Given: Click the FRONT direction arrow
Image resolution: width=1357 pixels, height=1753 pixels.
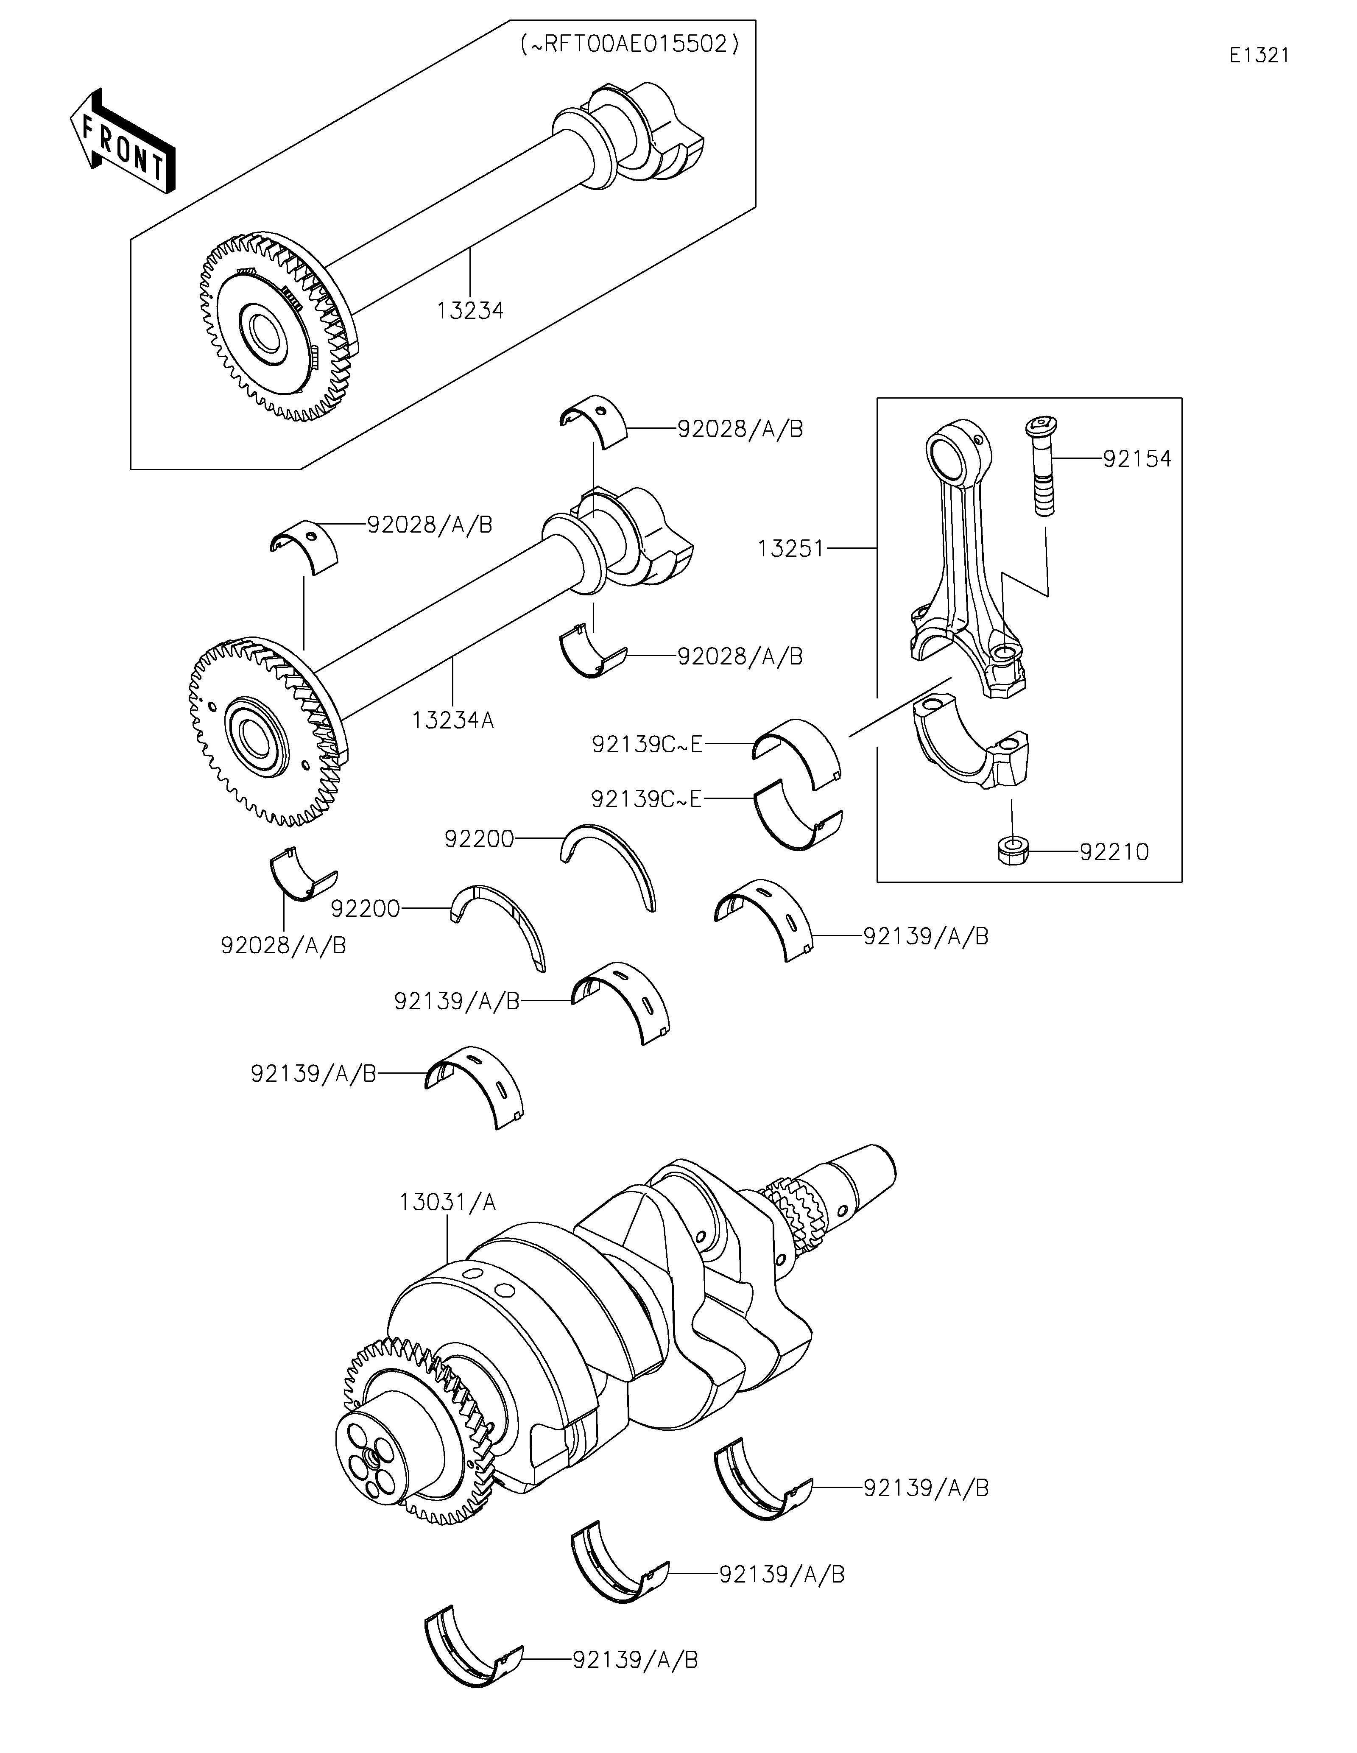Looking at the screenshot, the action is click(x=123, y=140).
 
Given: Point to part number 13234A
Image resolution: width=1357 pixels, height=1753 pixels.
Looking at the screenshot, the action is click(x=453, y=720).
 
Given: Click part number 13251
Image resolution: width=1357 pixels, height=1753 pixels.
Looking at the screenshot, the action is click(x=790, y=549).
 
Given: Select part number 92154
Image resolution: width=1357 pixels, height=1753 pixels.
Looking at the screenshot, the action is click(x=1137, y=459).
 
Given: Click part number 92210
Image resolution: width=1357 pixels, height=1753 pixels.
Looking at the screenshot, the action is click(x=1114, y=851).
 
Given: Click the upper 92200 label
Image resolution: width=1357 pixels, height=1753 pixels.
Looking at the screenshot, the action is click(x=479, y=839).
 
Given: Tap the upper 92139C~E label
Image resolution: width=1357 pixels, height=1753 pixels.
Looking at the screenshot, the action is click(x=647, y=745).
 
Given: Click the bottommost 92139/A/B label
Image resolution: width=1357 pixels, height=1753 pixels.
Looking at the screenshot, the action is click(x=636, y=1660).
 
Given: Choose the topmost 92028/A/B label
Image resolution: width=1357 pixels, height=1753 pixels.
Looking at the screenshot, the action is click(x=740, y=430).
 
